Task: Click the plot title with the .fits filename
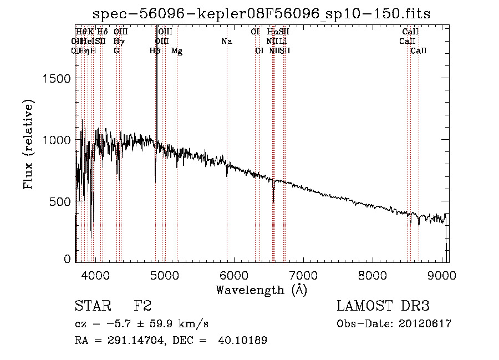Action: [262, 14]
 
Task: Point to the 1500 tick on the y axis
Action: [58, 79]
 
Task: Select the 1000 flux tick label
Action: [58, 140]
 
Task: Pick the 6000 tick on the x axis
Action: [233, 275]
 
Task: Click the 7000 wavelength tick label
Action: [303, 275]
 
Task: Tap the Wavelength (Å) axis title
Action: [261, 290]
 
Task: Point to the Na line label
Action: [226, 42]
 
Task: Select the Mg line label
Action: [177, 51]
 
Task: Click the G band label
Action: [116, 51]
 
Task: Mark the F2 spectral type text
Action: [142, 306]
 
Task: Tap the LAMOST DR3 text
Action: [383, 306]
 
